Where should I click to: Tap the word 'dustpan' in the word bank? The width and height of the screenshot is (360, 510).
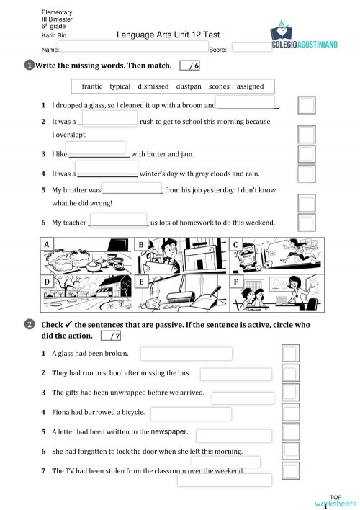click(189, 86)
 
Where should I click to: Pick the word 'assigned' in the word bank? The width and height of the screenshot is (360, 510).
click(250, 86)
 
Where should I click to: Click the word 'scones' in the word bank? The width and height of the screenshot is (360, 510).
click(219, 86)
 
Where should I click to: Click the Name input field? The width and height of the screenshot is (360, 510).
click(134, 48)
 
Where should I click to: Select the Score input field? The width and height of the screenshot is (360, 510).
click(252, 48)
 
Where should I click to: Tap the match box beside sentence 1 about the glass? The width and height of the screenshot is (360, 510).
click(306, 106)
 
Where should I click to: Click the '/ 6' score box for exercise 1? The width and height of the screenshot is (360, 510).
click(191, 66)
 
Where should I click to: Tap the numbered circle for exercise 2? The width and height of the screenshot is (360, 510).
click(30, 325)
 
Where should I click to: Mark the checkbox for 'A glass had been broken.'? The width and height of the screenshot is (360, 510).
click(289, 353)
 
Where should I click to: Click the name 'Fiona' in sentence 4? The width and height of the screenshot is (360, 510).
click(62, 412)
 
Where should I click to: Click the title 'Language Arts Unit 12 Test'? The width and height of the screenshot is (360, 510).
click(168, 35)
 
